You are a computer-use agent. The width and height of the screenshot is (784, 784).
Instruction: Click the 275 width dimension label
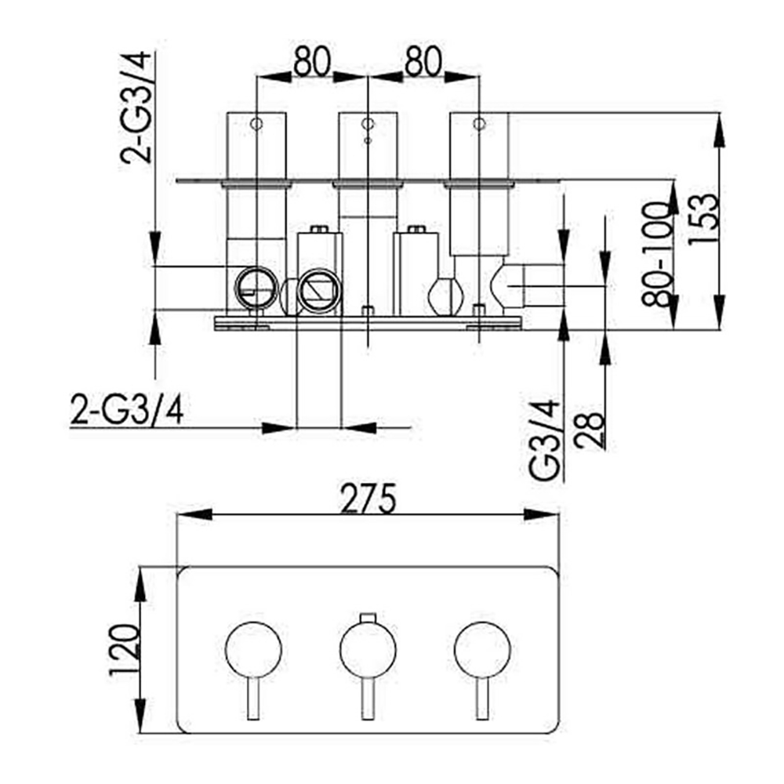coord(368,499)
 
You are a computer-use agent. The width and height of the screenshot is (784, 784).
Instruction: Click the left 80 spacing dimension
coord(312,60)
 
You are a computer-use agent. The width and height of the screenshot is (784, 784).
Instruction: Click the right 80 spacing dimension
coord(423,60)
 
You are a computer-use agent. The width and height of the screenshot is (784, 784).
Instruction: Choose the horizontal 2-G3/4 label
coord(127,409)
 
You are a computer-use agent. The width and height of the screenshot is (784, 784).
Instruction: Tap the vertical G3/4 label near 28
coord(546,439)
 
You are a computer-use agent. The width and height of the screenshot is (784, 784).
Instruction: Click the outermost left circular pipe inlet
coord(257,288)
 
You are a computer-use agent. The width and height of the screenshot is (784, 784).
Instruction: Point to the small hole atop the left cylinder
coord(256,124)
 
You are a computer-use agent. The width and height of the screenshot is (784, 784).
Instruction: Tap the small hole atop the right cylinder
coord(479,124)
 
